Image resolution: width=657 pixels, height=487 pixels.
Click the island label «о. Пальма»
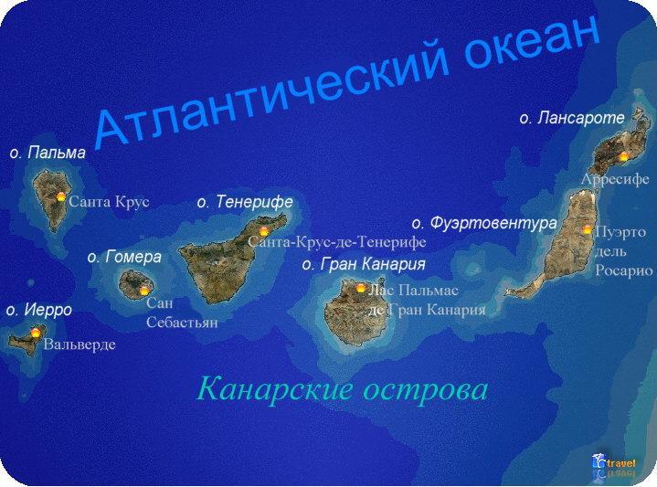coord(48,153)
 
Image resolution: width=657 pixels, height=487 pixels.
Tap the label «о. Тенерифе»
coord(245,202)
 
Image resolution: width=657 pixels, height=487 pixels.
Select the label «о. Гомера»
coord(124,257)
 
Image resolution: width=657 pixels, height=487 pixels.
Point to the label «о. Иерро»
coord(39,310)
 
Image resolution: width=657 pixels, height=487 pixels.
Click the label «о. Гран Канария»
coord(364,264)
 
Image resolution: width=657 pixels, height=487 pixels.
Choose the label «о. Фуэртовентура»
coord(484,223)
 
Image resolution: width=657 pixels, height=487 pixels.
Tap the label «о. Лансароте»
coord(572,118)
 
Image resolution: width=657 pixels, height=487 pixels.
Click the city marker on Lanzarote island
coord(624,156)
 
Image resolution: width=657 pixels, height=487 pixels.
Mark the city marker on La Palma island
coord(61,196)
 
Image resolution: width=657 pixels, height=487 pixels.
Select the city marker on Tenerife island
coord(264,231)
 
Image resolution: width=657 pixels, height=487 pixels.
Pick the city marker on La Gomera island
coord(144,290)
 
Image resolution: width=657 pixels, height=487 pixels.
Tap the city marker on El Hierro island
coord(36,333)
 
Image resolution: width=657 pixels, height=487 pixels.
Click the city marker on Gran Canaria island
coord(361,288)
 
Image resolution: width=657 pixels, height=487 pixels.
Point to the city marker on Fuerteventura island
coord(587,229)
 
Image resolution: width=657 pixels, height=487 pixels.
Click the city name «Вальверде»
coord(79,345)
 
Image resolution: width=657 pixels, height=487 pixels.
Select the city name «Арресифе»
coord(615,179)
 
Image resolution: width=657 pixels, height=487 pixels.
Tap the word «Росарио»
coord(624,271)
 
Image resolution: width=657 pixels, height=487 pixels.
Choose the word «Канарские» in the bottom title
coord(275,389)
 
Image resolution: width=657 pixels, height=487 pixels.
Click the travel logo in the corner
coord(614,466)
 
